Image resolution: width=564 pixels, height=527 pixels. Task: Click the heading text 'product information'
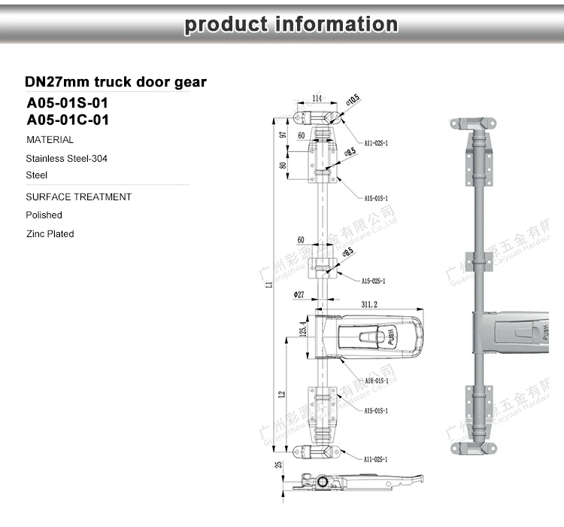pos(290,24)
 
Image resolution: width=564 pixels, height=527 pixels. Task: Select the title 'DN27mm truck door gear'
pos(115,81)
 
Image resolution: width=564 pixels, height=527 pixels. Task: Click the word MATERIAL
pos(50,140)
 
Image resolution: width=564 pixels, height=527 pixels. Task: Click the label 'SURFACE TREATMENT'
pos(78,197)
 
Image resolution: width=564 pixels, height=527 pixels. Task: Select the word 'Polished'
pos(44,215)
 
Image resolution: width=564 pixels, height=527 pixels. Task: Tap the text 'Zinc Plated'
pos(50,234)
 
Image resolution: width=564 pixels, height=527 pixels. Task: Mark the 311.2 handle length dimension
pos(369,305)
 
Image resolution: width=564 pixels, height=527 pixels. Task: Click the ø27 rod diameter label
pos(299,294)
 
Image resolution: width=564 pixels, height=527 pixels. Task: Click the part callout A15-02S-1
pos(374,281)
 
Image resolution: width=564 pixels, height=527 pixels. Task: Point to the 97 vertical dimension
pos(283,135)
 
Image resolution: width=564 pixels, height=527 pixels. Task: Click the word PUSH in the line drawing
pos(391,336)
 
